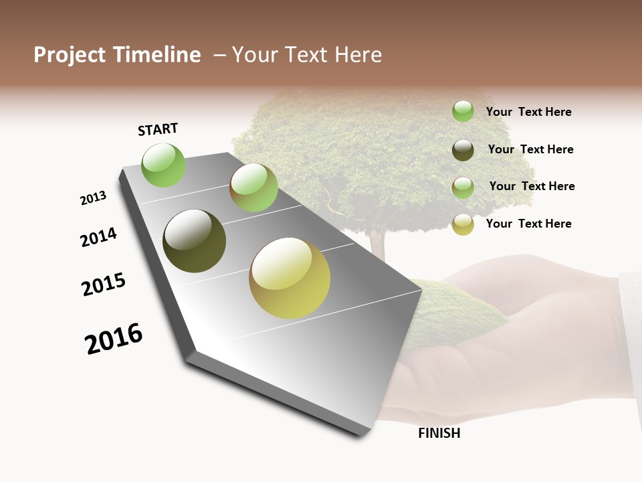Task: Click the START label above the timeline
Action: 158,129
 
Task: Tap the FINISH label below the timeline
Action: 439,433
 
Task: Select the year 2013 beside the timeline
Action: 93,198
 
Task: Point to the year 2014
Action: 98,237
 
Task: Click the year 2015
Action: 104,285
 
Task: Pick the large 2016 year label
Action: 114,338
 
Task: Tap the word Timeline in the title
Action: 157,55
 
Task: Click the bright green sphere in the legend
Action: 463,111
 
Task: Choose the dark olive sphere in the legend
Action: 463,149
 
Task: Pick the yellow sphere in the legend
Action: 463,224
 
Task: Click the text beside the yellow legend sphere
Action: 528,224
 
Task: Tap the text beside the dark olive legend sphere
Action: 530,149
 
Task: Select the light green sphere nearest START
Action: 163,165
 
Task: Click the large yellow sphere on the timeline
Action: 290,278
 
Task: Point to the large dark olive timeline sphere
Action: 195,241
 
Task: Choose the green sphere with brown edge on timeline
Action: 253,187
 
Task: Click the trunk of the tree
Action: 378,244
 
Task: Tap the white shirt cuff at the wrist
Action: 630,335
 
